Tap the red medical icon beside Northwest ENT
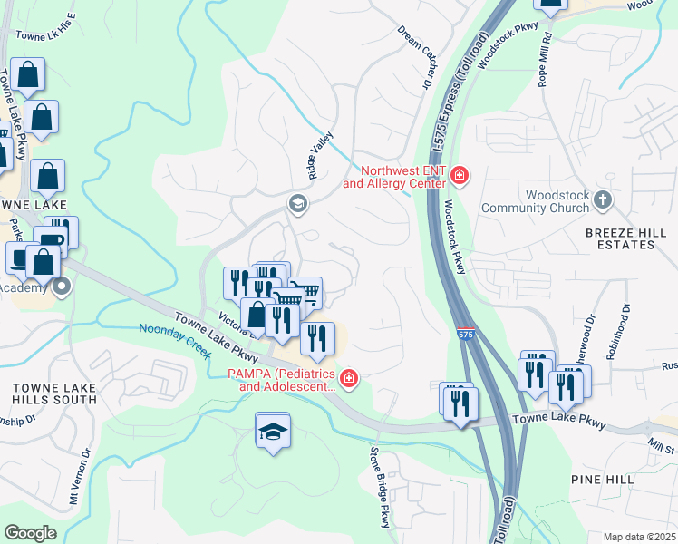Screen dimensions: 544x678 (460, 175)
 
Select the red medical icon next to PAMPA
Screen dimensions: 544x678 (349, 378)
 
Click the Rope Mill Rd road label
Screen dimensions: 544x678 (545, 60)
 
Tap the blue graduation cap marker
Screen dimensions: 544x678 (273, 432)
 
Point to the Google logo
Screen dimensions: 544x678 (30, 532)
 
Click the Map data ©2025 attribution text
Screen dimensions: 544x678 (638, 537)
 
